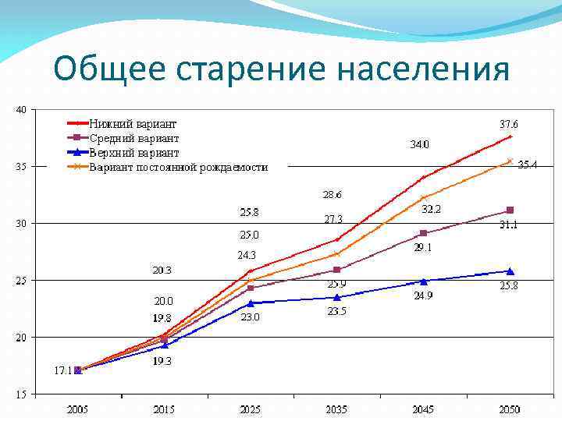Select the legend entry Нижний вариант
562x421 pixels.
pos(133,124)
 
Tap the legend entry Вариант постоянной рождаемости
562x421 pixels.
pos(178,167)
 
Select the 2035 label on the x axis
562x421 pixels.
pos(336,409)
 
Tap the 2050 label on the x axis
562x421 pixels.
pos(509,409)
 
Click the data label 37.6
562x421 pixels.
pos(508,124)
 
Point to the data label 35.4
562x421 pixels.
pos(528,165)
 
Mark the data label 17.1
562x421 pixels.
pos(62,371)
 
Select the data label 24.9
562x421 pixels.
pos(423,296)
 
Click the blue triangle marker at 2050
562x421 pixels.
pos(510,271)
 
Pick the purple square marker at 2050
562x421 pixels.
pos(510,210)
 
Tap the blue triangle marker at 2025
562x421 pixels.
pos(251,302)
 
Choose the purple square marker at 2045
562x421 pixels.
pos(423,233)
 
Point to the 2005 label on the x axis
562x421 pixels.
pos(77,409)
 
